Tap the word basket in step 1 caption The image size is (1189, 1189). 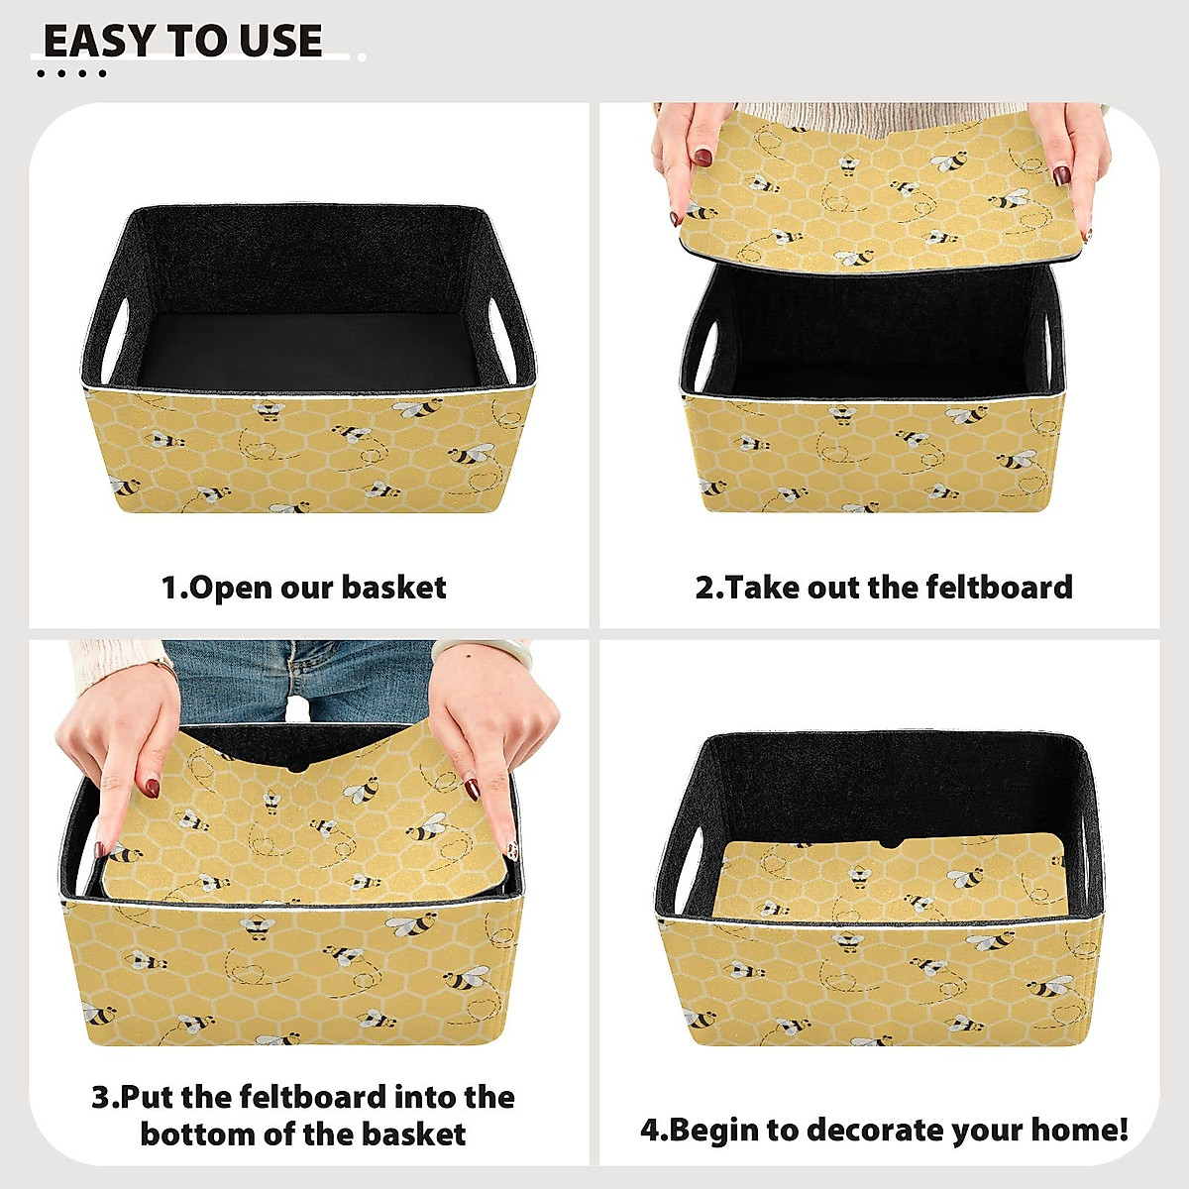[x=393, y=588]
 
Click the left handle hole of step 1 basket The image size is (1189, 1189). [x=116, y=332]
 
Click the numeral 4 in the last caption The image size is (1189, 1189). [x=649, y=1130]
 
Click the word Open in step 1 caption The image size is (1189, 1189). [x=231, y=588]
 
